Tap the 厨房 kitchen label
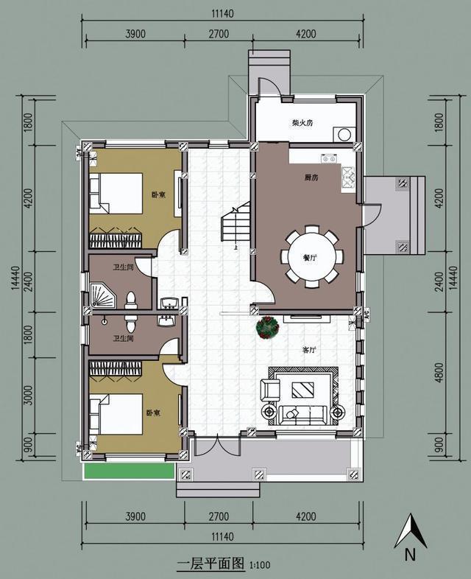pos(311,178)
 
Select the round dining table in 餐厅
pos(311,257)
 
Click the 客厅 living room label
pos(309,351)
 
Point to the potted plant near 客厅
pos(266,327)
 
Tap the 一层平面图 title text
pos(210,564)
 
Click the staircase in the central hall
pos(234,228)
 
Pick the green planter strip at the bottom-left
pos(129,471)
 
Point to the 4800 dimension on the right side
pos(440,371)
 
